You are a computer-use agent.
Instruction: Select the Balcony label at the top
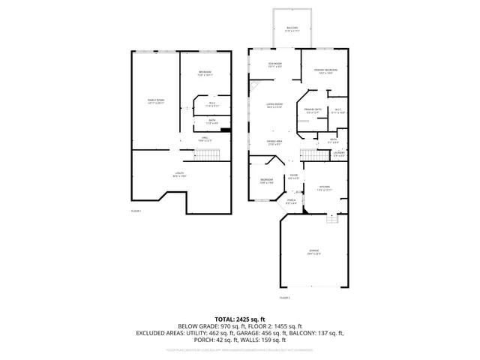(x=291, y=30)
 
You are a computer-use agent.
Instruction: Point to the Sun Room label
(x=275, y=65)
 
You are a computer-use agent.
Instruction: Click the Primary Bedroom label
(x=323, y=71)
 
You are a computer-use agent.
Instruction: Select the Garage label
(x=313, y=251)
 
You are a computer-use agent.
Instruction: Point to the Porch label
(x=291, y=202)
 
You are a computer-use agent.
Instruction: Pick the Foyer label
(x=294, y=177)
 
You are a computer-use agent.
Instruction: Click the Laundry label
(x=338, y=154)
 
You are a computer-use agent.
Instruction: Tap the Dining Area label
(x=274, y=142)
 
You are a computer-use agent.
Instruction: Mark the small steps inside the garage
(x=331, y=218)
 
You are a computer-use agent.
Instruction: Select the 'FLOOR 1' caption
(x=136, y=211)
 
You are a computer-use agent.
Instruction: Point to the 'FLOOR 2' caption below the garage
(x=284, y=298)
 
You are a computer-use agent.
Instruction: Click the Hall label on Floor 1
(x=204, y=139)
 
